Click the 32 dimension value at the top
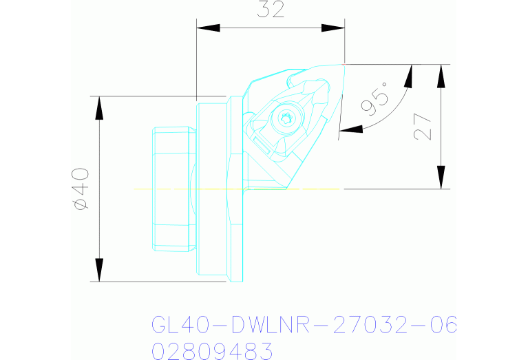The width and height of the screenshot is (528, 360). click(x=271, y=10)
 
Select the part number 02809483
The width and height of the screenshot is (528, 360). click(x=212, y=352)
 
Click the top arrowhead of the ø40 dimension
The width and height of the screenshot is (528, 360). click(x=99, y=107)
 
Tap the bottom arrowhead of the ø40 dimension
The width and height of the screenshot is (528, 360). click(x=99, y=270)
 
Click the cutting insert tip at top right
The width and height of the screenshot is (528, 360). click(x=342, y=65)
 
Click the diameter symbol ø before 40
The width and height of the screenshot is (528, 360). click(x=81, y=203)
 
